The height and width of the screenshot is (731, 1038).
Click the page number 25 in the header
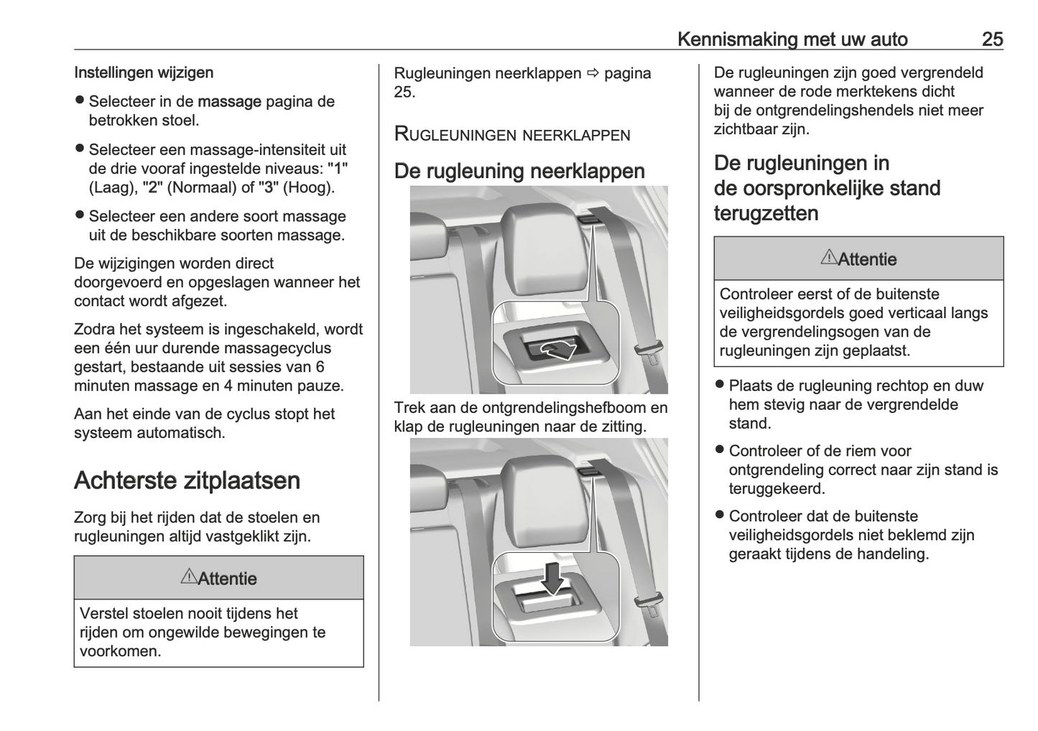click(x=992, y=39)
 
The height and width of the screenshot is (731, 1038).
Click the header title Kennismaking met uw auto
click(x=792, y=39)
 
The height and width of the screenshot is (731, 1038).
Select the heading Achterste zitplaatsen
click(x=187, y=480)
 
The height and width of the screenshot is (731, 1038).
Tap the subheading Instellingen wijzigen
click(x=144, y=73)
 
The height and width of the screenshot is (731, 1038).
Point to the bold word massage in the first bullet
click(x=229, y=102)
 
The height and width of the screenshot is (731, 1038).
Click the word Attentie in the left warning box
click(x=227, y=579)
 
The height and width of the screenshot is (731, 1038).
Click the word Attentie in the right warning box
click(x=867, y=259)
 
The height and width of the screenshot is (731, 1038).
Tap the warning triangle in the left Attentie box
click(x=188, y=577)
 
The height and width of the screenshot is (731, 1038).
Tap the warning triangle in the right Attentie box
click(x=828, y=257)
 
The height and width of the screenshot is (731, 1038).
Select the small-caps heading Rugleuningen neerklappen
click(x=512, y=134)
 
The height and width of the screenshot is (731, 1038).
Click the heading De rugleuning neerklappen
click(x=519, y=171)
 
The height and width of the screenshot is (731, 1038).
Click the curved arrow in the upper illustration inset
click(x=557, y=350)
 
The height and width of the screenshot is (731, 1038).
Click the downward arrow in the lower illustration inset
click(x=552, y=578)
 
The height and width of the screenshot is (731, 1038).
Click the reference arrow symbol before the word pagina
click(x=593, y=73)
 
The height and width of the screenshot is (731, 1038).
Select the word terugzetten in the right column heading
click(x=766, y=213)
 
